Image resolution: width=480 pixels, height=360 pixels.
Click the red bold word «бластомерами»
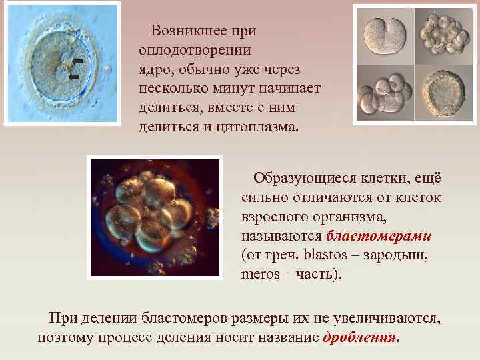click(379, 237)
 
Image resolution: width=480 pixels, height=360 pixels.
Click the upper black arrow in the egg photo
click(77, 61)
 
